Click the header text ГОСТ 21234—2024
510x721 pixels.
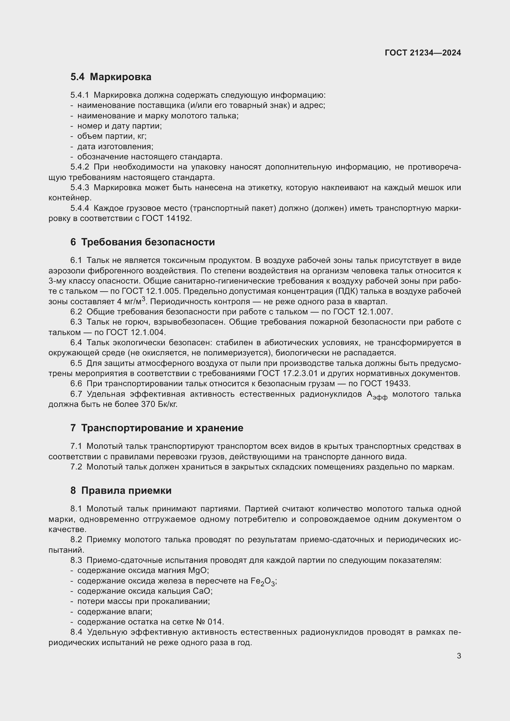(423, 53)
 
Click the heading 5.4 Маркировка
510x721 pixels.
(111, 77)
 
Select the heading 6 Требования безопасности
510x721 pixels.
(142, 242)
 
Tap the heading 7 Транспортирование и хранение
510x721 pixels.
(157, 428)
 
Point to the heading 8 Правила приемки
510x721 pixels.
(121, 490)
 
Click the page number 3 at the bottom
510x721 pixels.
(459, 656)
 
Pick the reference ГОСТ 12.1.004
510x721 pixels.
(135, 332)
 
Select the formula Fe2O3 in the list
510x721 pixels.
(263, 582)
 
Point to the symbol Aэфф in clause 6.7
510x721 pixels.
(376, 395)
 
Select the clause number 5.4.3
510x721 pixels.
(80, 188)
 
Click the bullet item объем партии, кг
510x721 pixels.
(112, 136)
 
